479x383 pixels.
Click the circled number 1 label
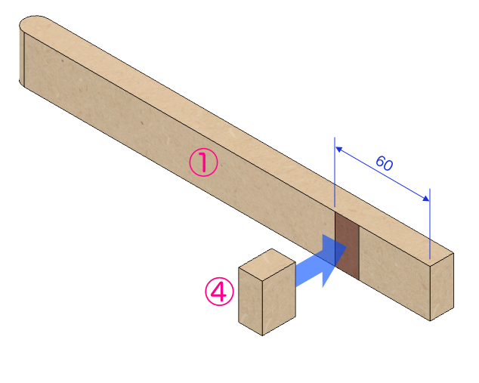pyautogui.click(x=203, y=162)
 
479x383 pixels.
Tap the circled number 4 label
pyautogui.click(x=220, y=292)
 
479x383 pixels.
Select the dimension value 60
pyautogui.click(x=384, y=162)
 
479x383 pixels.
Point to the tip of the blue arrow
pyautogui.click(x=345, y=255)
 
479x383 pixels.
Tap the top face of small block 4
pyautogui.click(x=266, y=261)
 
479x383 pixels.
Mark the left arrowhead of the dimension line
pyautogui.click(x=338, y=150)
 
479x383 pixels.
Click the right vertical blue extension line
pyautogui.click(x=430, y=223)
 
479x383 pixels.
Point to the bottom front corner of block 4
pyautogui.click(x=262, y=335)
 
